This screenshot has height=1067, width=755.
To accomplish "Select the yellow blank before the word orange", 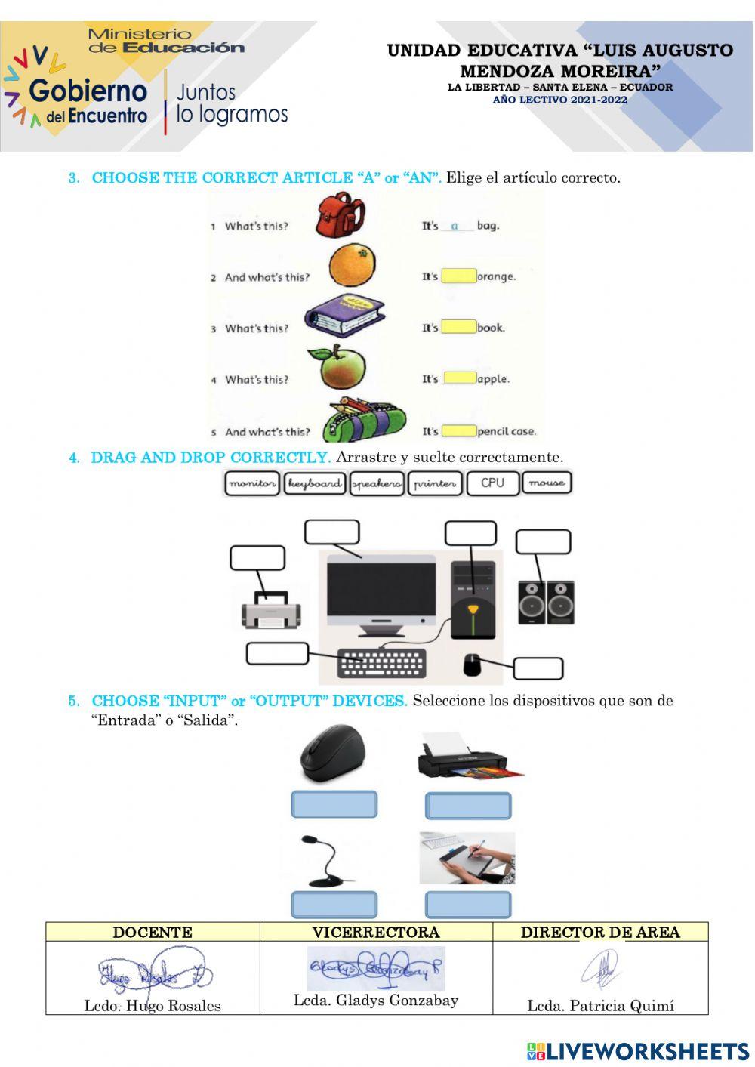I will point(458,276).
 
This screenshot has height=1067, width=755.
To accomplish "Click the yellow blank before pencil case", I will point(458,431).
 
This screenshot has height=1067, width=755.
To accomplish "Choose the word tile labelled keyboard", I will point(314,483).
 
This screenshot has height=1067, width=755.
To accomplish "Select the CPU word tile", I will point(492,483).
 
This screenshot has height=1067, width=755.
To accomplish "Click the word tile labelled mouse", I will point(547,483).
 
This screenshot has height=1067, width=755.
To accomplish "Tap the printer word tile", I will point(435,483).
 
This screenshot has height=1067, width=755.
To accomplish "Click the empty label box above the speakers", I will point(543,541).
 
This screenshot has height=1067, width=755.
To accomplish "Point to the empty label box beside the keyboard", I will point(277,653).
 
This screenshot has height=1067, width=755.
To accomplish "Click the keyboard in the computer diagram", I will point(381,664).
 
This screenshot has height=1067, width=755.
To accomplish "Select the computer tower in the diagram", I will point(473,600).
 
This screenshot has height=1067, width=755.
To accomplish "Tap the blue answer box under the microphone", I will point(334,904).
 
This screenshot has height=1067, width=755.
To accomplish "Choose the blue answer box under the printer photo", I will point(468,806).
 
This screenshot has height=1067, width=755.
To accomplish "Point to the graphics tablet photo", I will point(467,858).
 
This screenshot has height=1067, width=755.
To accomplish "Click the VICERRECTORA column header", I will point(376,932).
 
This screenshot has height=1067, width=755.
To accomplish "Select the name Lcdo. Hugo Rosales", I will point(153,1005).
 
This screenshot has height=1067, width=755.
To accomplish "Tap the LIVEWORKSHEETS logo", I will point(638,1051).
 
